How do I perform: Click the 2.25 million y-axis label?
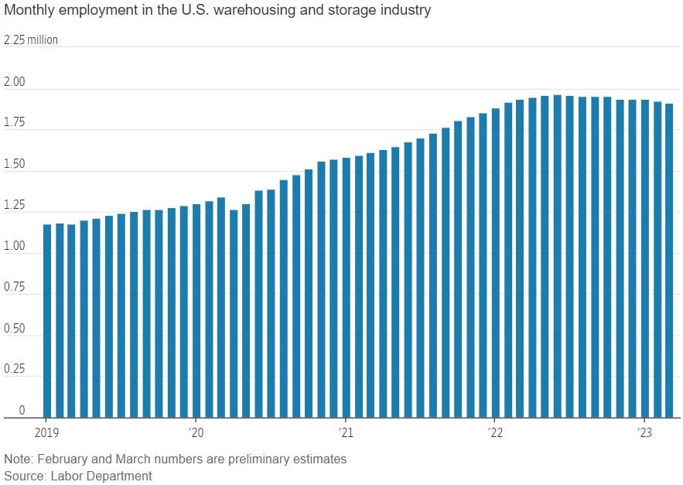coord(31,40)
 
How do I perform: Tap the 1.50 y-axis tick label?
coord(15,164)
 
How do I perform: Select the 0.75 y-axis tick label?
coord(15,287)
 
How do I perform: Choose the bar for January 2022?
coord(495,263)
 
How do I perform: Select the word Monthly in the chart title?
coord(28,11)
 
